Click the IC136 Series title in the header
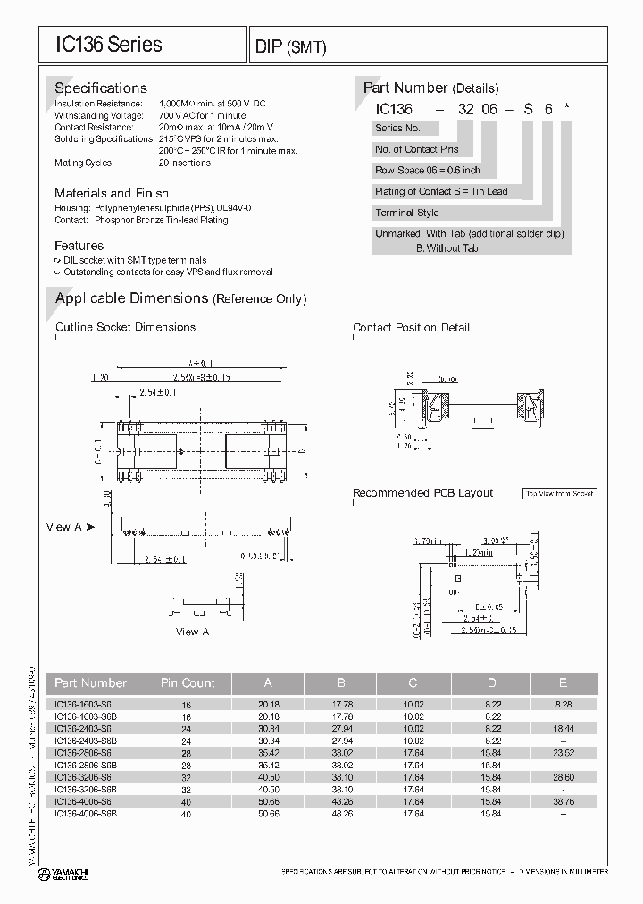point(108,44)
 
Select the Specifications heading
point(101,88)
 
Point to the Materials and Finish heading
point(111,194)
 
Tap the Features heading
point(79,246)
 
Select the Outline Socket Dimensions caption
point(125,327)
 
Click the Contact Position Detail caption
point(411,328)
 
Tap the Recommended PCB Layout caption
point(422,493)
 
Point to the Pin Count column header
point(188,683)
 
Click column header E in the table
point(563,683)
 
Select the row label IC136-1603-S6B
point(86,717)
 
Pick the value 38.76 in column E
point(563,802)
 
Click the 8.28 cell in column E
point(563,705)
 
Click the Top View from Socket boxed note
point(559,493)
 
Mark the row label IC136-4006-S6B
point(86,814)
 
